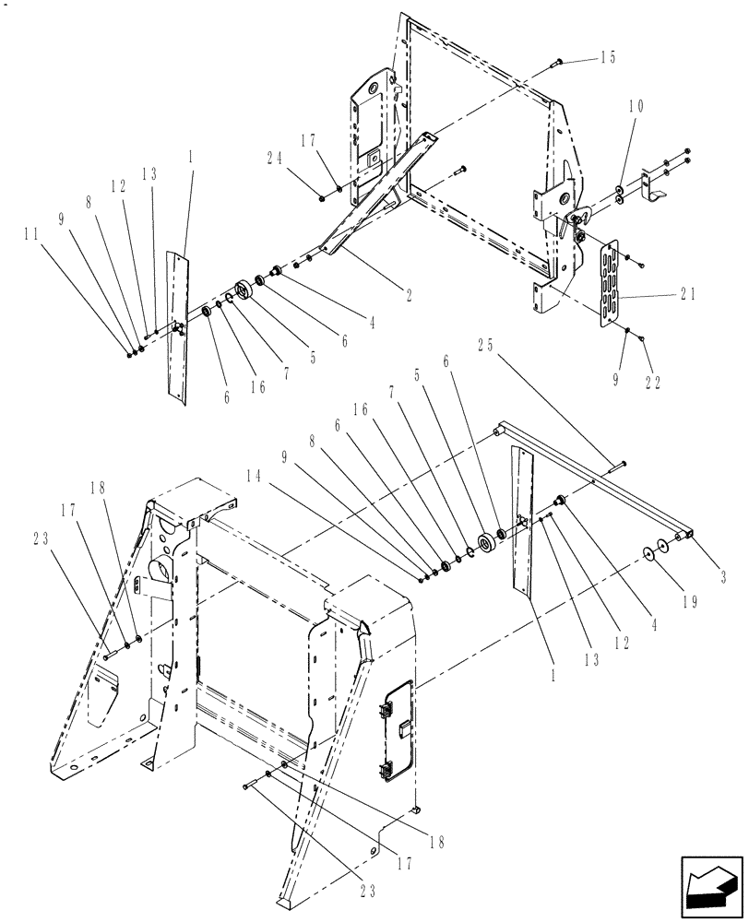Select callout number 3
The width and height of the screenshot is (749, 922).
tap(722, 578)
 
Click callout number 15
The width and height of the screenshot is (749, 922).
tap(607, 57)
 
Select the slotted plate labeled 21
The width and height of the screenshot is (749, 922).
tap(608, 282)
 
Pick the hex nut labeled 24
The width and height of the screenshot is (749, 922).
tap(320, 196)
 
